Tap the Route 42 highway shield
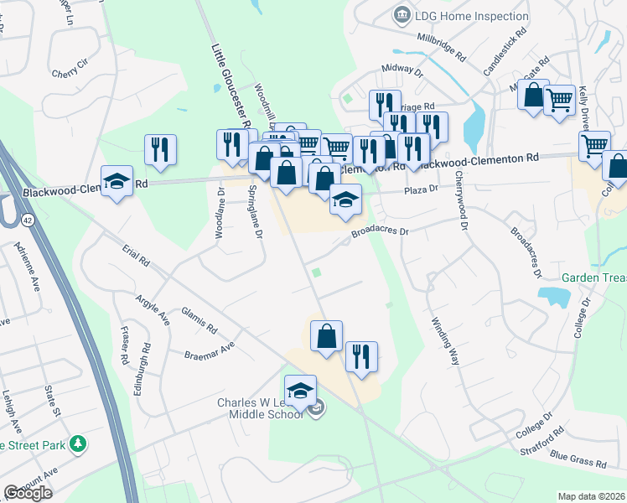28,220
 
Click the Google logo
28,492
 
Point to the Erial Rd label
134,256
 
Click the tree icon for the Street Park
78,443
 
